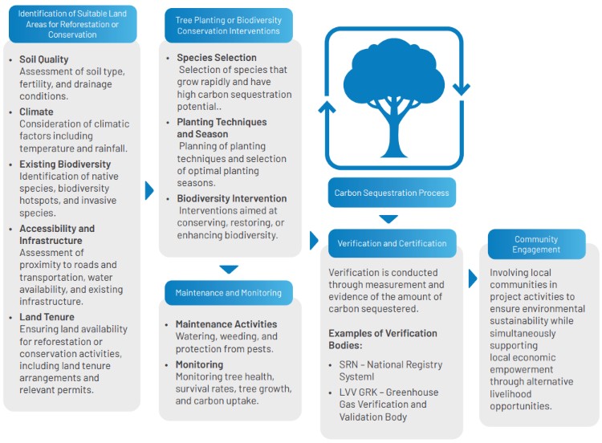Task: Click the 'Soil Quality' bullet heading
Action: tap(44, 59)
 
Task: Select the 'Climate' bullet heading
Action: tap(36, 112)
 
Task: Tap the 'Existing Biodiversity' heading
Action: tap(65, 165)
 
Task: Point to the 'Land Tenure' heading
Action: tap(47, 317)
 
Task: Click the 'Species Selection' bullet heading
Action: tap(217, 58)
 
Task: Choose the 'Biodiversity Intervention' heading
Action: tap(232, 198)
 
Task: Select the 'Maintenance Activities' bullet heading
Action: tap(226, 324)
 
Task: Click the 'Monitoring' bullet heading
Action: tap(199, 364)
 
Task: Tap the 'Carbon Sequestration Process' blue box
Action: tap(392, 193)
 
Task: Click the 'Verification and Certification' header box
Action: tap(392, 243)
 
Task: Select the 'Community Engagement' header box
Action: tap(536, 244)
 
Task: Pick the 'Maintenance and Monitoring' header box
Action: tap(229, 293)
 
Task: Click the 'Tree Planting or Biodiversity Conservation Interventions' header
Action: tap(229, 26)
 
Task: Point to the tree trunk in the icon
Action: tap(393, 134)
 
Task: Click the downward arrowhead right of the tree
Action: tap(462, 89)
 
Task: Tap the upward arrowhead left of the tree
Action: tap(327, 107)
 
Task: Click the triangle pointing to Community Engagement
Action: tap(473, 278)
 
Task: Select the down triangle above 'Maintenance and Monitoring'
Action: tap(229, 269)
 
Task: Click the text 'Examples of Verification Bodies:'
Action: tap(383, 339)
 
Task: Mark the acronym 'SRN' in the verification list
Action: tap(348, 364)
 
